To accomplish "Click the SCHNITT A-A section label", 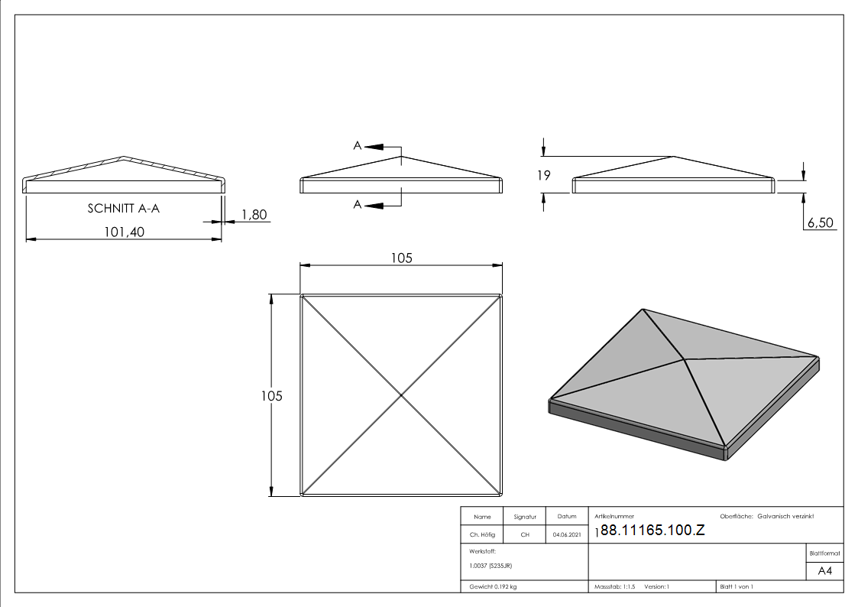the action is pyautogui.click(x=124, y=209).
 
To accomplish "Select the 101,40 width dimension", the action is pyautogui.click(x=125, y=232).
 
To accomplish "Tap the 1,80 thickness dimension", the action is pyautogui.click(x=254, y=215).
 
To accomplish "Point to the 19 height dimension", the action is pyautogui.click(x=543, y=175).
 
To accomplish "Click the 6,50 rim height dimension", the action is pyautogui.click(x=821, y=222).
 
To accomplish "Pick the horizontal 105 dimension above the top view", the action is pyautogui.click(x=402, y=258).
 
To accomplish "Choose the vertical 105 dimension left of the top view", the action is pyautogui.click(x=271, y=396).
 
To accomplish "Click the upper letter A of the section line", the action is pyautogui.click(x=358, y=145).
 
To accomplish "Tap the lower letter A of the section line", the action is pyautogui.click(x=358, y=205).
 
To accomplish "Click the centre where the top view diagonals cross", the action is pyautogui.click(x=401, y=395).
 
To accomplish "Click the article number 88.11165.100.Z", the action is pyautogui.click(x=652, y=530).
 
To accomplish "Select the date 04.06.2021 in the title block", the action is pyautogui.click(x=567, y=534).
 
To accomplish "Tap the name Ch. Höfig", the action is pyautogui.click(x=482, y=534).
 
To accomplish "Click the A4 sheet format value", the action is pyautogui.click(x=824, y=571).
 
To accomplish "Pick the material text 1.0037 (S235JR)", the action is pyautogui.click(x=491, y=566).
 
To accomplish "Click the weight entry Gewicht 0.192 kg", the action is pyautogui.click(x=493, y=587).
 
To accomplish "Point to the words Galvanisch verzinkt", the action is pyautogui.click(x=785, y=516).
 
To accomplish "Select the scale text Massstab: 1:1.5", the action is pyautogui.click(x=615, y=587).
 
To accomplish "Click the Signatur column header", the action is pyautogui.click(x=525, y=517).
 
